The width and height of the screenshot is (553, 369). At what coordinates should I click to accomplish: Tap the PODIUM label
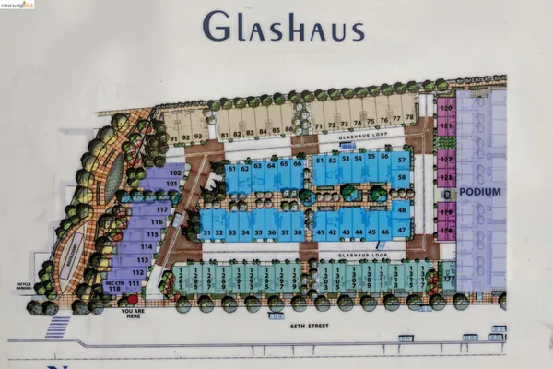pyautogui.click(x=482, y=192)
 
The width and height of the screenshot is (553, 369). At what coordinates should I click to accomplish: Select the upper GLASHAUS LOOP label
pyautogui.click(x=358, y=136)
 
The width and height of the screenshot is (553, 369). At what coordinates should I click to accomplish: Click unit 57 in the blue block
pyautogui.click(x=403, y=160)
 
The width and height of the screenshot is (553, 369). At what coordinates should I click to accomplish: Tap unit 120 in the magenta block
pyautogui.click(x=447, y=108)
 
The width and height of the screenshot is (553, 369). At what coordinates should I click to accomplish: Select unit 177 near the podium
pyautogui.click(x=450, y=278)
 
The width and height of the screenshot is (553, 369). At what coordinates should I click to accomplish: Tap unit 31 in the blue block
pyautogui.click(x=208, y=232)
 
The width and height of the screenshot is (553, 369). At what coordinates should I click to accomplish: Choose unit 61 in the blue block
pyautogui.click(x=232, y=169)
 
